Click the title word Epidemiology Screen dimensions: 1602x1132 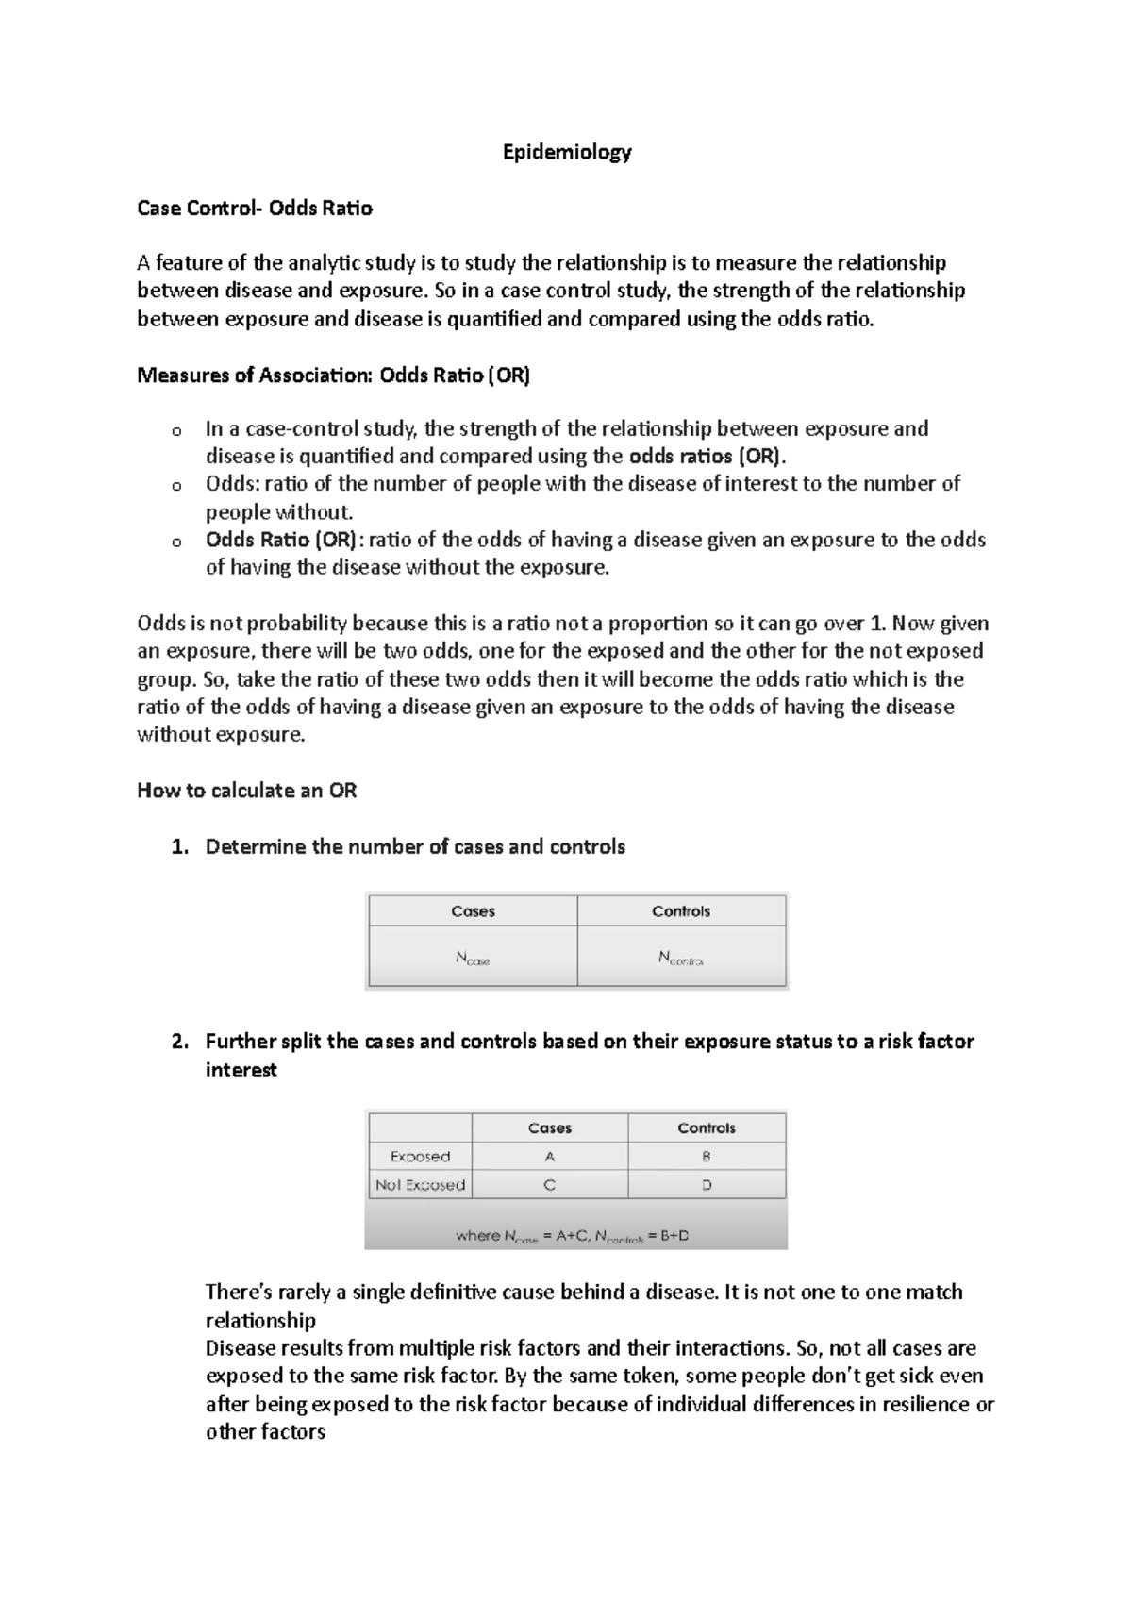click(566, 152)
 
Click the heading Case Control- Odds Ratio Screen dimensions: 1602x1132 click(255, 209)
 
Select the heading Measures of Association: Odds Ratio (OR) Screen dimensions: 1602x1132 click(334, 375)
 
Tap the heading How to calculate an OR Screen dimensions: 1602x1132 click(247, 791)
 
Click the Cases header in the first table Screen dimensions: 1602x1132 click(473, 911)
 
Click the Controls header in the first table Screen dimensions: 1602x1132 click(680, 911)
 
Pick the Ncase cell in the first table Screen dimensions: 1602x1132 click(473, 959)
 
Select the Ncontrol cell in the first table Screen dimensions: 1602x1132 click(680, 959)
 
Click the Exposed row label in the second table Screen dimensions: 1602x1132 click(420, 1157)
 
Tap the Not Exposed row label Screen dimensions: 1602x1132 click(420, 1185)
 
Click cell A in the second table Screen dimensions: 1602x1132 click(550, 1157)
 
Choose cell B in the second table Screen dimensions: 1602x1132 click(707, 1157)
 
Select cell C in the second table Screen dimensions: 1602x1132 click(550, 1185)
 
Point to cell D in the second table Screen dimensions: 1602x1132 click(707, 1185)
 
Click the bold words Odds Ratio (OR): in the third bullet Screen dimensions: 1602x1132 click(281, 540)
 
